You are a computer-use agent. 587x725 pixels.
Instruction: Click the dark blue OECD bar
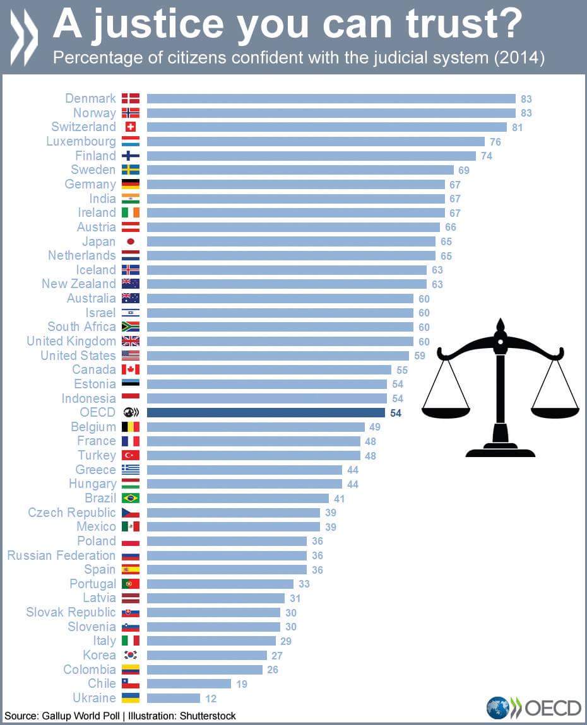pyautogui.click(x=266, y=413)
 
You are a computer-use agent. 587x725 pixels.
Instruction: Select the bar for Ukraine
pyautogui.click(x=174, y=698)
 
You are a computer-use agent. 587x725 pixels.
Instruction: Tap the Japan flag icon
pyautogui.click(x=131, y=241)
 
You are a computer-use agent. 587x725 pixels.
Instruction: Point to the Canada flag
pyautogui.click(x=131, y=369)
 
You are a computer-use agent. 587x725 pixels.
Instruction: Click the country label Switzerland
pyautogui.click(x=84, y=127)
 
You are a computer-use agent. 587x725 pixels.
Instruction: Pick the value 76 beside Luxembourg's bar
pyautogui.click(x=495, y=141)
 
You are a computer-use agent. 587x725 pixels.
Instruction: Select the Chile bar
pyautogui.click(x=189, y=683)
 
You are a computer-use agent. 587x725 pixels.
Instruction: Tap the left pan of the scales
pyautogui.click(x=446, y=410)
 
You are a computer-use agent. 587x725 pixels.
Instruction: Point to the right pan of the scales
pyautogui.click(x=555, y=410)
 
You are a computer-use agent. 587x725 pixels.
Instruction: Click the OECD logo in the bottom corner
pyautogui.click(x=533, y=707)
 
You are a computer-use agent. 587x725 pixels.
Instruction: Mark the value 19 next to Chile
pyautogui.click(x=241, y=683)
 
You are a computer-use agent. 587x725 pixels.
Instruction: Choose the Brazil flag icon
pyautogui.click(x=131, y=498)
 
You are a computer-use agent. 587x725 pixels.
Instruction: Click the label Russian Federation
pyautogui.click(x=61, y=555)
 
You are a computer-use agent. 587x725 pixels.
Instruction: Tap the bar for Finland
pyautogui.click(x=311, y=156)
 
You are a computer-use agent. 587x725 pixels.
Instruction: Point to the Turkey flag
pyautogui.click(x=131, y=455)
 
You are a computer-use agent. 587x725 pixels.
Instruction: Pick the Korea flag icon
pyautogui.click(x=131, y=655)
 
